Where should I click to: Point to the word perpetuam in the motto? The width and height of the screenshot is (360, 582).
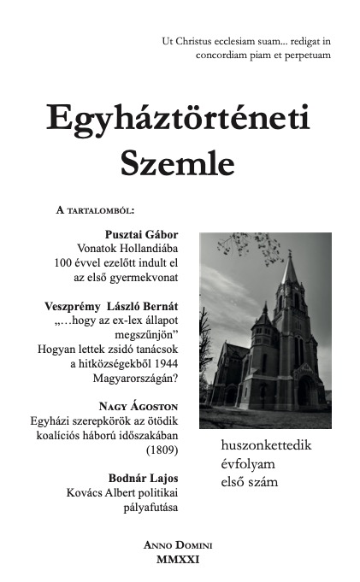click(303, 55)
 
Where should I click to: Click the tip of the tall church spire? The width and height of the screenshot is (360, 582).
click(291, 254)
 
